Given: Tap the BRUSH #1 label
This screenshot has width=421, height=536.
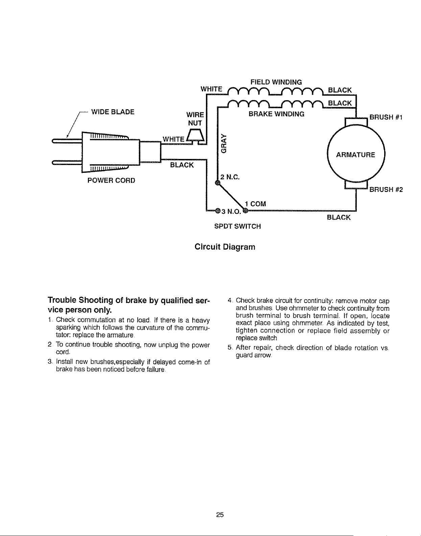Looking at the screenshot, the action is tap(386, 117).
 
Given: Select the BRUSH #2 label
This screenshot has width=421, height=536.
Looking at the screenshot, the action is tap(386, 189).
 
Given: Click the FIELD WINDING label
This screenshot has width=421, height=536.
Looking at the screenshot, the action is tap(276, 82).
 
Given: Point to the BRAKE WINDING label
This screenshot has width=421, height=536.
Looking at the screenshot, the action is tap(276, 114).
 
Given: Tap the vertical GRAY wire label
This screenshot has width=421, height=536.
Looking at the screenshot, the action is tap(224, 143).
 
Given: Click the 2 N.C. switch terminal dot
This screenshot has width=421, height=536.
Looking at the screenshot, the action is tap(217, 183).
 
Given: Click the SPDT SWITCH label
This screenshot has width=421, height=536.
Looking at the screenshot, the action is tap(237, 226).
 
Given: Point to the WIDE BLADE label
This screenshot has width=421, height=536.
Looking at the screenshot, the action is tap(113, 112).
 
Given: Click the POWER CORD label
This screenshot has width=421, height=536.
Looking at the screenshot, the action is tap(111, 180).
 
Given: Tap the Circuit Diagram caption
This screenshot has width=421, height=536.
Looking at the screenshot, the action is tap(225, 247).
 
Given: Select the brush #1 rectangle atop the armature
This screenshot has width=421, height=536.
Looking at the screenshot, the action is tap(356, 122).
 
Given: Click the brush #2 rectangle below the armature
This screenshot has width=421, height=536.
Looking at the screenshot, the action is tap(356, 185).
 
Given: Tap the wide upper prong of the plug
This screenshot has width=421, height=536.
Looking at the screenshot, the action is tap(67, 141).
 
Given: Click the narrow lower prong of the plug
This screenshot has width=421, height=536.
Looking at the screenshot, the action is tap(67, 162).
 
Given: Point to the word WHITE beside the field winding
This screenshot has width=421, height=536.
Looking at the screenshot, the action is tap(211, 89).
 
